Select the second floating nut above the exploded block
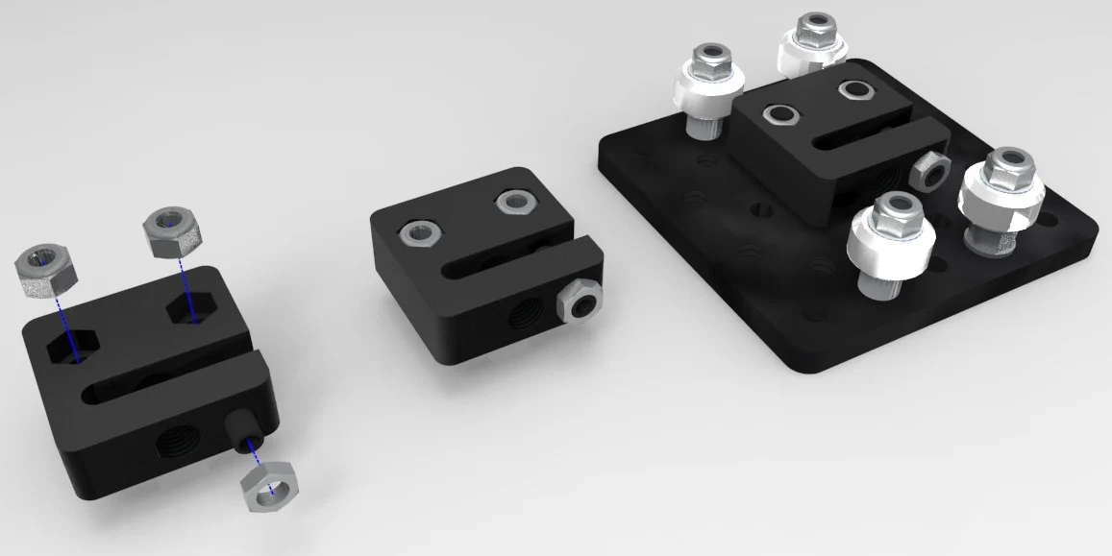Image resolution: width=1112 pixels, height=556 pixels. coord(172,231)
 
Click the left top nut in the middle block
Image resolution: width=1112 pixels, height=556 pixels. coord(420,230)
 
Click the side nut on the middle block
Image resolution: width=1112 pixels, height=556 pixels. coord(580,301)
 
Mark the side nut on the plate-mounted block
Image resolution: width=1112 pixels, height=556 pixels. coord(929,171)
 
